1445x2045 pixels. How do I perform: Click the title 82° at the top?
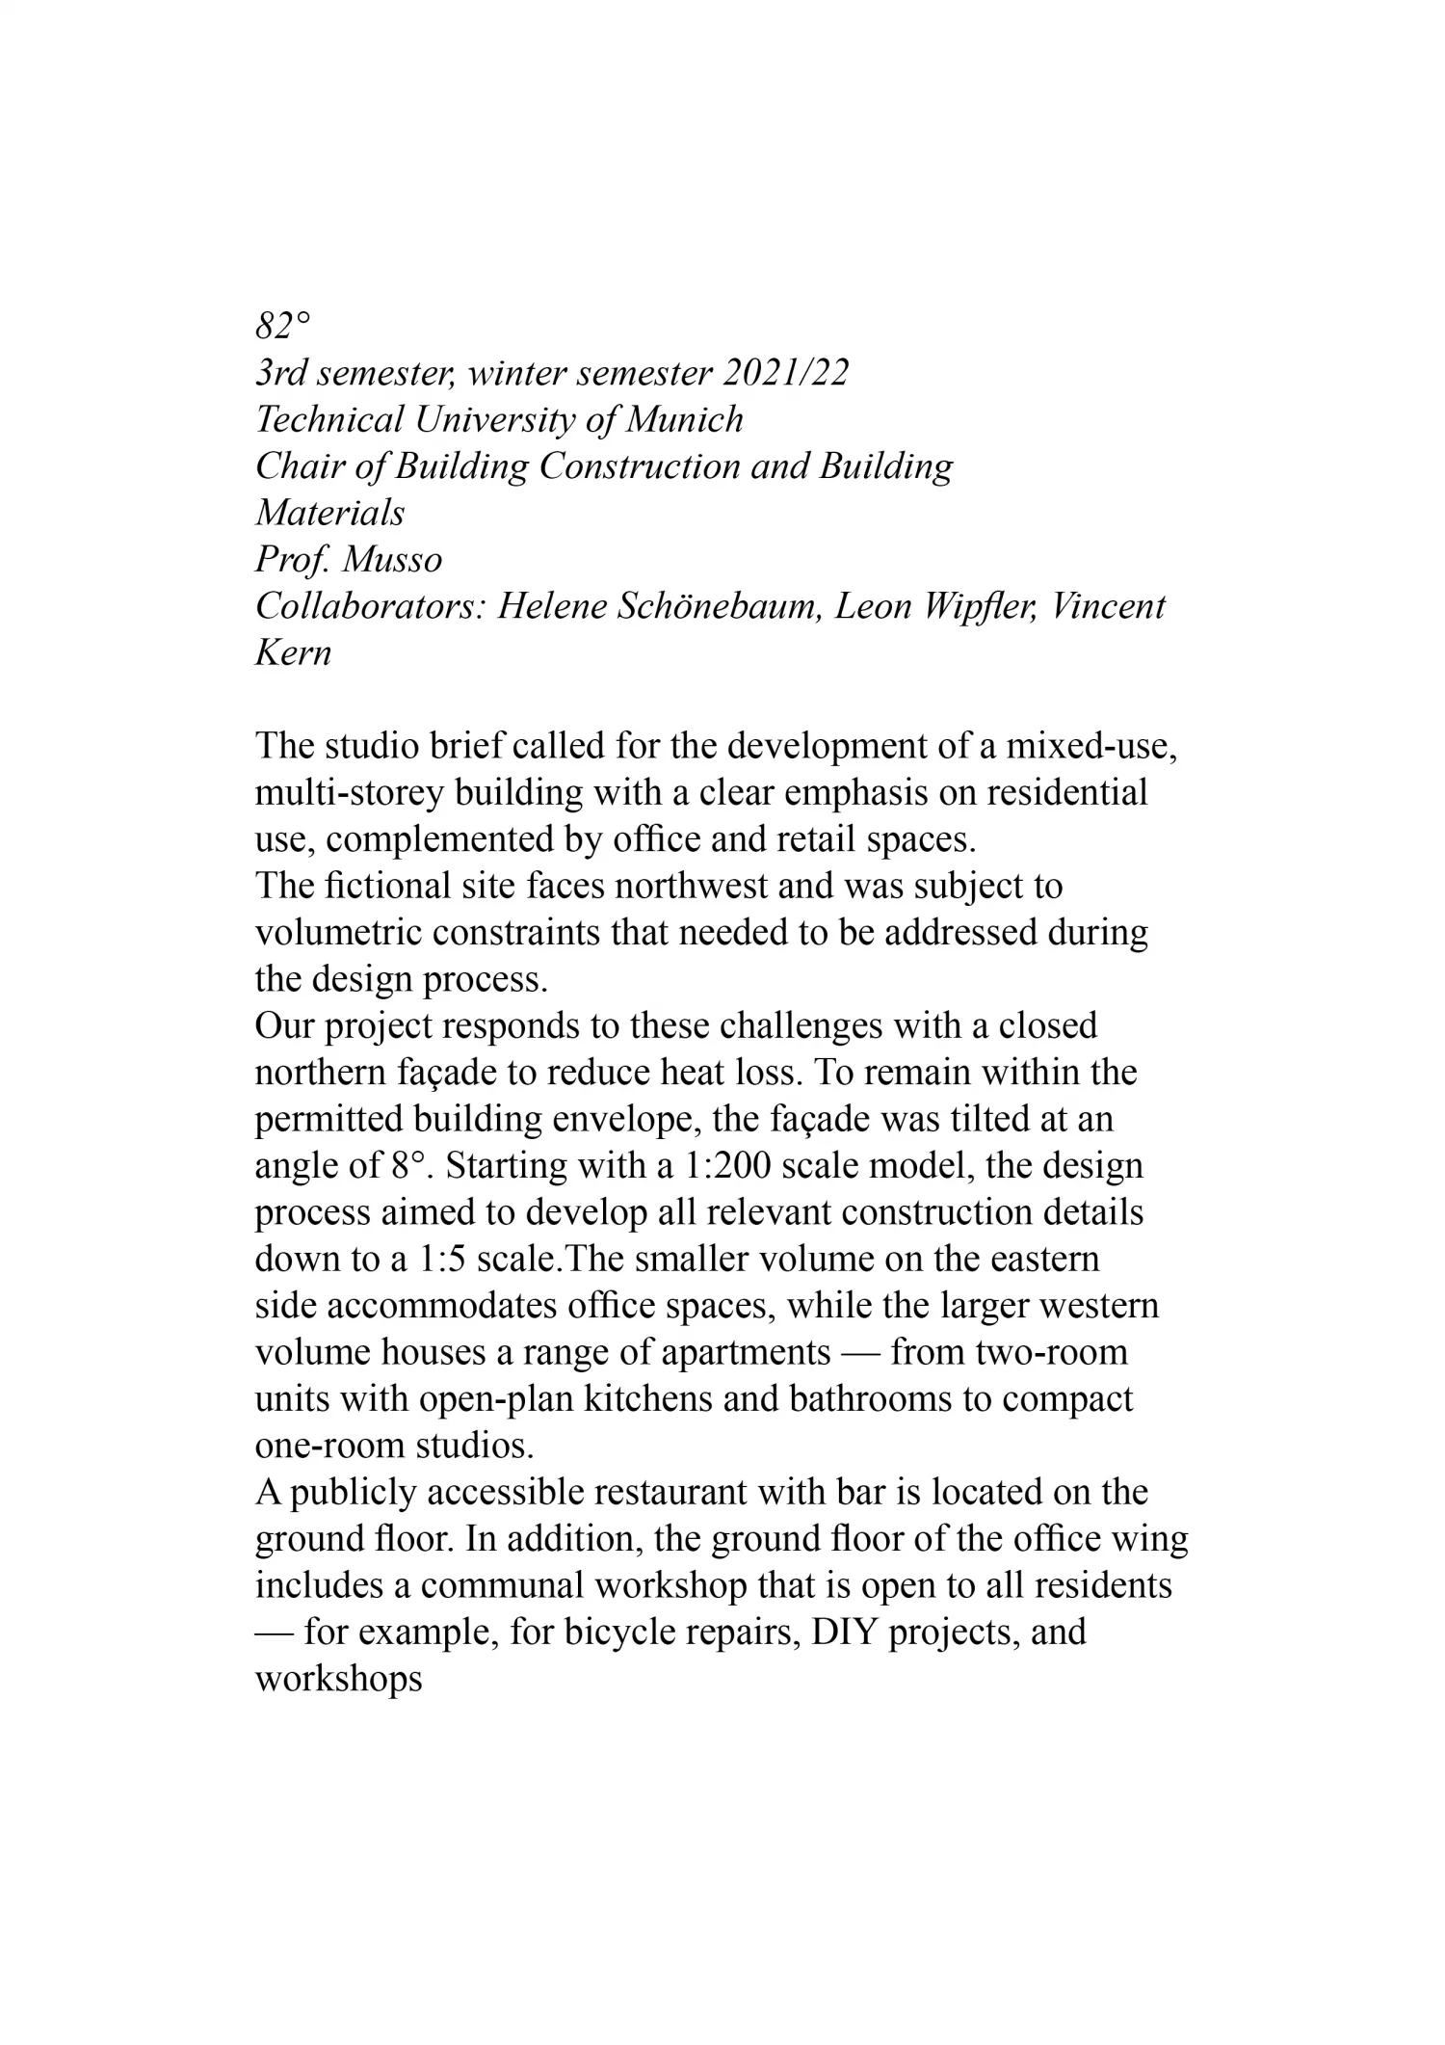click(x=283, y=327)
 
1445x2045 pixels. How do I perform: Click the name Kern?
click(x=293, y=652)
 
